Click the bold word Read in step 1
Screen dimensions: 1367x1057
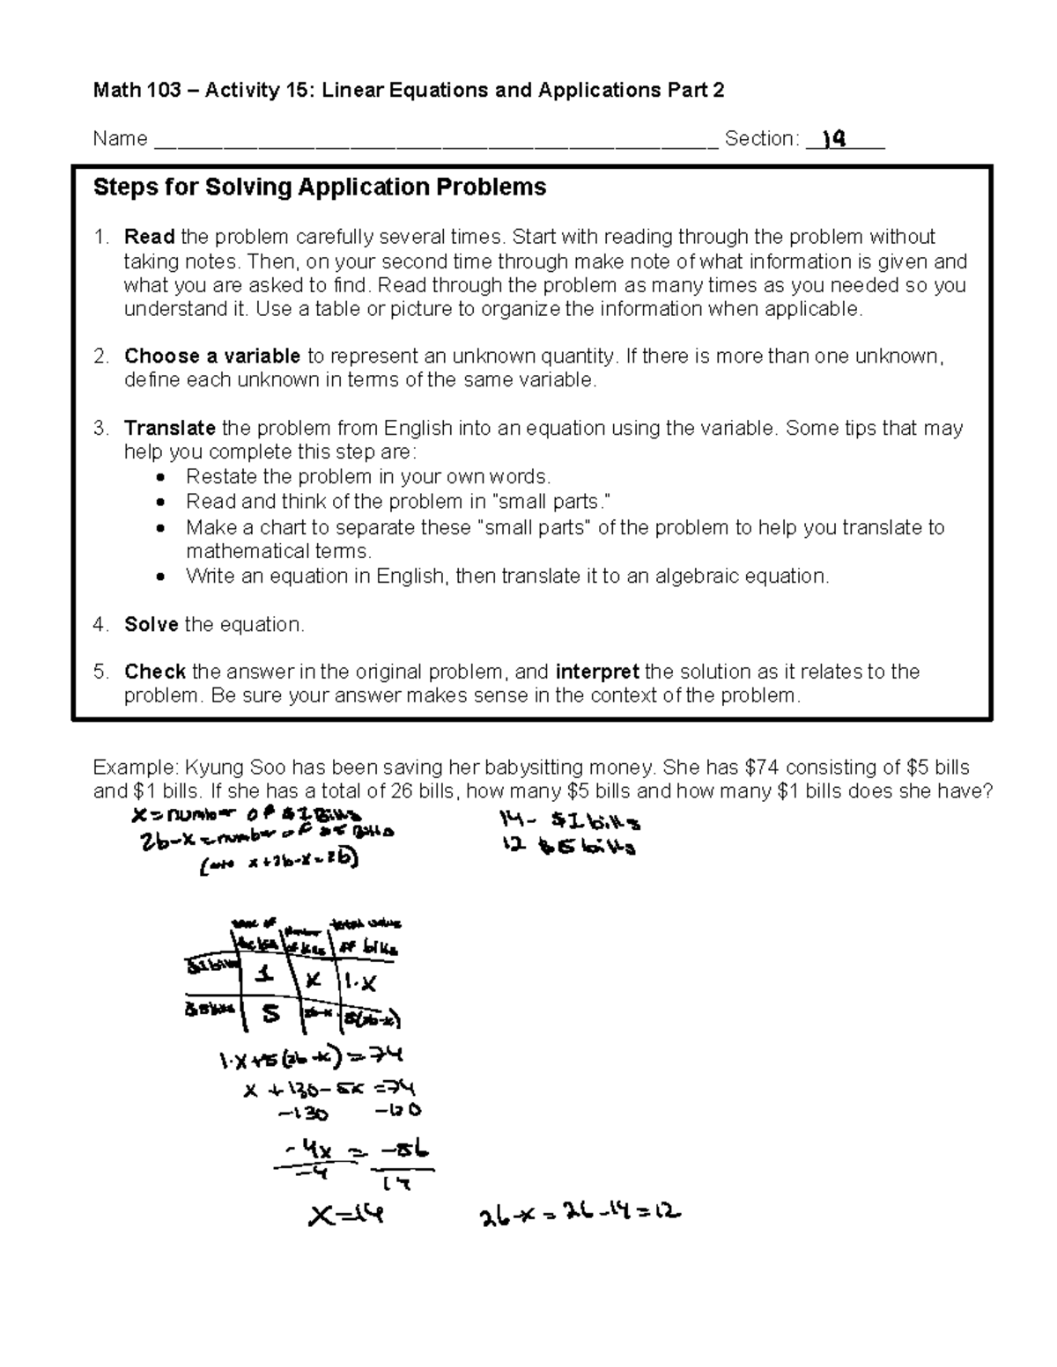149,237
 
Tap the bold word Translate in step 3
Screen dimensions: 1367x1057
169,429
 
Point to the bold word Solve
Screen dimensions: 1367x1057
151,625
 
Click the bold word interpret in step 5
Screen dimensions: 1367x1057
597,672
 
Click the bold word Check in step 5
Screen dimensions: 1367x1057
154,672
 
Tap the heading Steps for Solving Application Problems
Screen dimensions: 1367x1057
319,187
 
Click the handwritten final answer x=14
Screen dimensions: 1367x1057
345,1216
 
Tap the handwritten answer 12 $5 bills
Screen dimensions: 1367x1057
568,848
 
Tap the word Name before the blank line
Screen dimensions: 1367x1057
120,139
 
